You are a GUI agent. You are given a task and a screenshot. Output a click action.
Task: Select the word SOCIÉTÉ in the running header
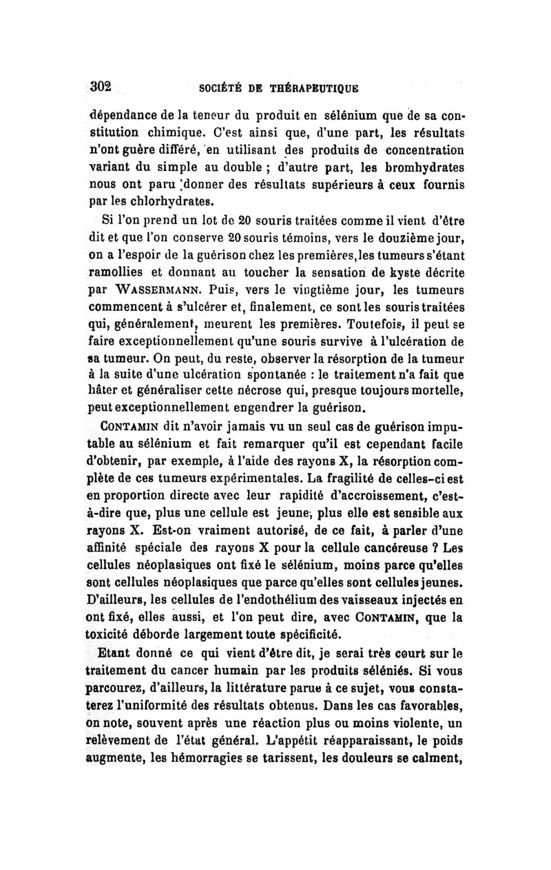pyautogui.click(x=220, y=89)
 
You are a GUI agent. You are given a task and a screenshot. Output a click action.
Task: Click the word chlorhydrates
pyautogui.click(x=159, y=202)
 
